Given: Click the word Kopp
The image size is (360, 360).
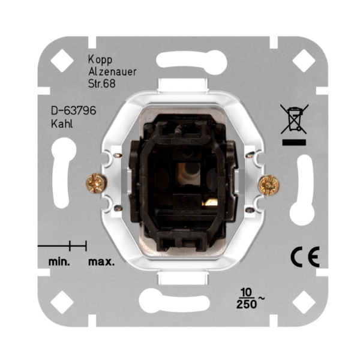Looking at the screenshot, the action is [x=100, y=59].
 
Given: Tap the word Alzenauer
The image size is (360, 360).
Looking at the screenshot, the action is [x=113, y=72].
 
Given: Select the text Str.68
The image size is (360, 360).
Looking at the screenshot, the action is [x=102, y=84].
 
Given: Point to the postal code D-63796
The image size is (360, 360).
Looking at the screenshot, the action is [x=73, y=110].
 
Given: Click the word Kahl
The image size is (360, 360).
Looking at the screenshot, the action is [x=62, y=124].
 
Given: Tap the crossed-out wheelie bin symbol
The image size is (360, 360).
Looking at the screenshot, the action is [x=294, y=119].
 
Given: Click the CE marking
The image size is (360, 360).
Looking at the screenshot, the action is [x=305, y=257].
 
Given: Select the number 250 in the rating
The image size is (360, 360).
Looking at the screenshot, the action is [x=247, y=304].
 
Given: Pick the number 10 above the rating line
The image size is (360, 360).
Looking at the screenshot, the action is [x=246, y=293].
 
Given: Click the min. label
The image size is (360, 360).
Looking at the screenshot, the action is [x=59, y=262].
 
